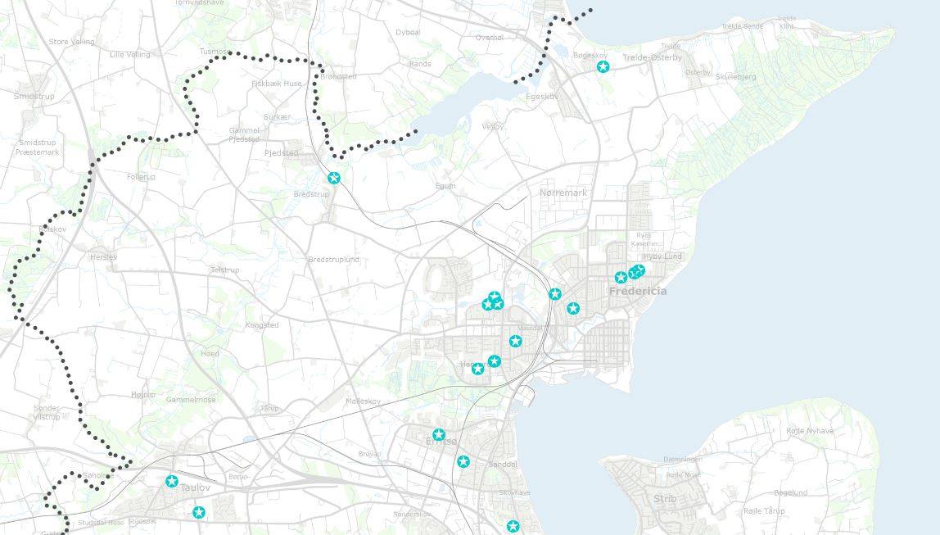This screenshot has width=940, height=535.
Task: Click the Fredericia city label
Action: click(x=637, y=291)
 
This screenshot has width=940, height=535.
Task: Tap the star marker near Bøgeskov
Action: click(x=603, y=66)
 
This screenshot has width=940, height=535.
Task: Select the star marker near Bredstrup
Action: click(x=333, y=178)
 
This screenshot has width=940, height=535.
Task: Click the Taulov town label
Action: click(x=195, y=487)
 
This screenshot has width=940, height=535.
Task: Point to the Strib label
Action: click(x=665, y=498)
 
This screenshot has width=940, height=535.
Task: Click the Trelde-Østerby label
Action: click(x=652, y=57)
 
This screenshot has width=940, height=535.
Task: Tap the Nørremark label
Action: click(x=563, y=193)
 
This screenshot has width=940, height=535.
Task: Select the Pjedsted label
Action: click(x=281, y=153)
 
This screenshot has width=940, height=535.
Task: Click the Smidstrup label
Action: click(x=33, y=96)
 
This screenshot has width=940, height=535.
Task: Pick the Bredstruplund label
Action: click(x=333, y=260)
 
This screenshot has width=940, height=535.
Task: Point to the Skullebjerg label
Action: click(x=735, y=77)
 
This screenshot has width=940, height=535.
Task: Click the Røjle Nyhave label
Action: click(x=810, y=431)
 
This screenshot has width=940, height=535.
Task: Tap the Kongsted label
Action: click(x=262, y=325)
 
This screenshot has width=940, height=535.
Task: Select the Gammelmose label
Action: click(x=191, y=400)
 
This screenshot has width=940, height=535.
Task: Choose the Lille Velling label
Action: click(x=130, y=54)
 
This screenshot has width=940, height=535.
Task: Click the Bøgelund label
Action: click(x=790, y=492)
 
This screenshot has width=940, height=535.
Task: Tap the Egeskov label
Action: click(x=542, y=96)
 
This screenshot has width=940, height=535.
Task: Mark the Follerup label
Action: click(x=141, y=177)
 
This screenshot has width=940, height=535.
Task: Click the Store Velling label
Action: click(x=71, y=42)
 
